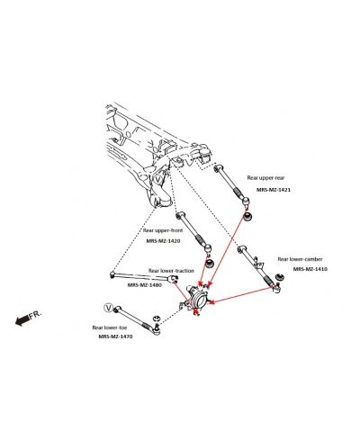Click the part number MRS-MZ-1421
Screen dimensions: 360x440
coord(274,190)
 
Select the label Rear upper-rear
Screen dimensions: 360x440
coord(265,178)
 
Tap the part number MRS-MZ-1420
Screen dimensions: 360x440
coord(163,241)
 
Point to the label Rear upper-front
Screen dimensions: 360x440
coord(163,230)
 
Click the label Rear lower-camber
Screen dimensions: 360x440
coord(300,259)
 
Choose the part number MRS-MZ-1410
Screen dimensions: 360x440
coord(310,269)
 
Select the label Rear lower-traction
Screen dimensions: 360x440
coord(171,271)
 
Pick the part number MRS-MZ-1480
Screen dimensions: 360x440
coord(145,285)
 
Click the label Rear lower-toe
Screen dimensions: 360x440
coord(110,328)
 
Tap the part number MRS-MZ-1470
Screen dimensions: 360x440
coord(115,337)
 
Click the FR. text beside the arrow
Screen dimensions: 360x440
coord(35,315)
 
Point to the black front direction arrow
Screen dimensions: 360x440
coord(22,320)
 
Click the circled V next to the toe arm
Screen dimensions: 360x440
coord(108,308)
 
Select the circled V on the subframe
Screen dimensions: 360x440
coord(158,180)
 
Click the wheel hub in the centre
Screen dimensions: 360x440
coord(199,298)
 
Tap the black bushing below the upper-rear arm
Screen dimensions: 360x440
coord(247,216)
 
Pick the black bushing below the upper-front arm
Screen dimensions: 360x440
coord(211,263)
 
